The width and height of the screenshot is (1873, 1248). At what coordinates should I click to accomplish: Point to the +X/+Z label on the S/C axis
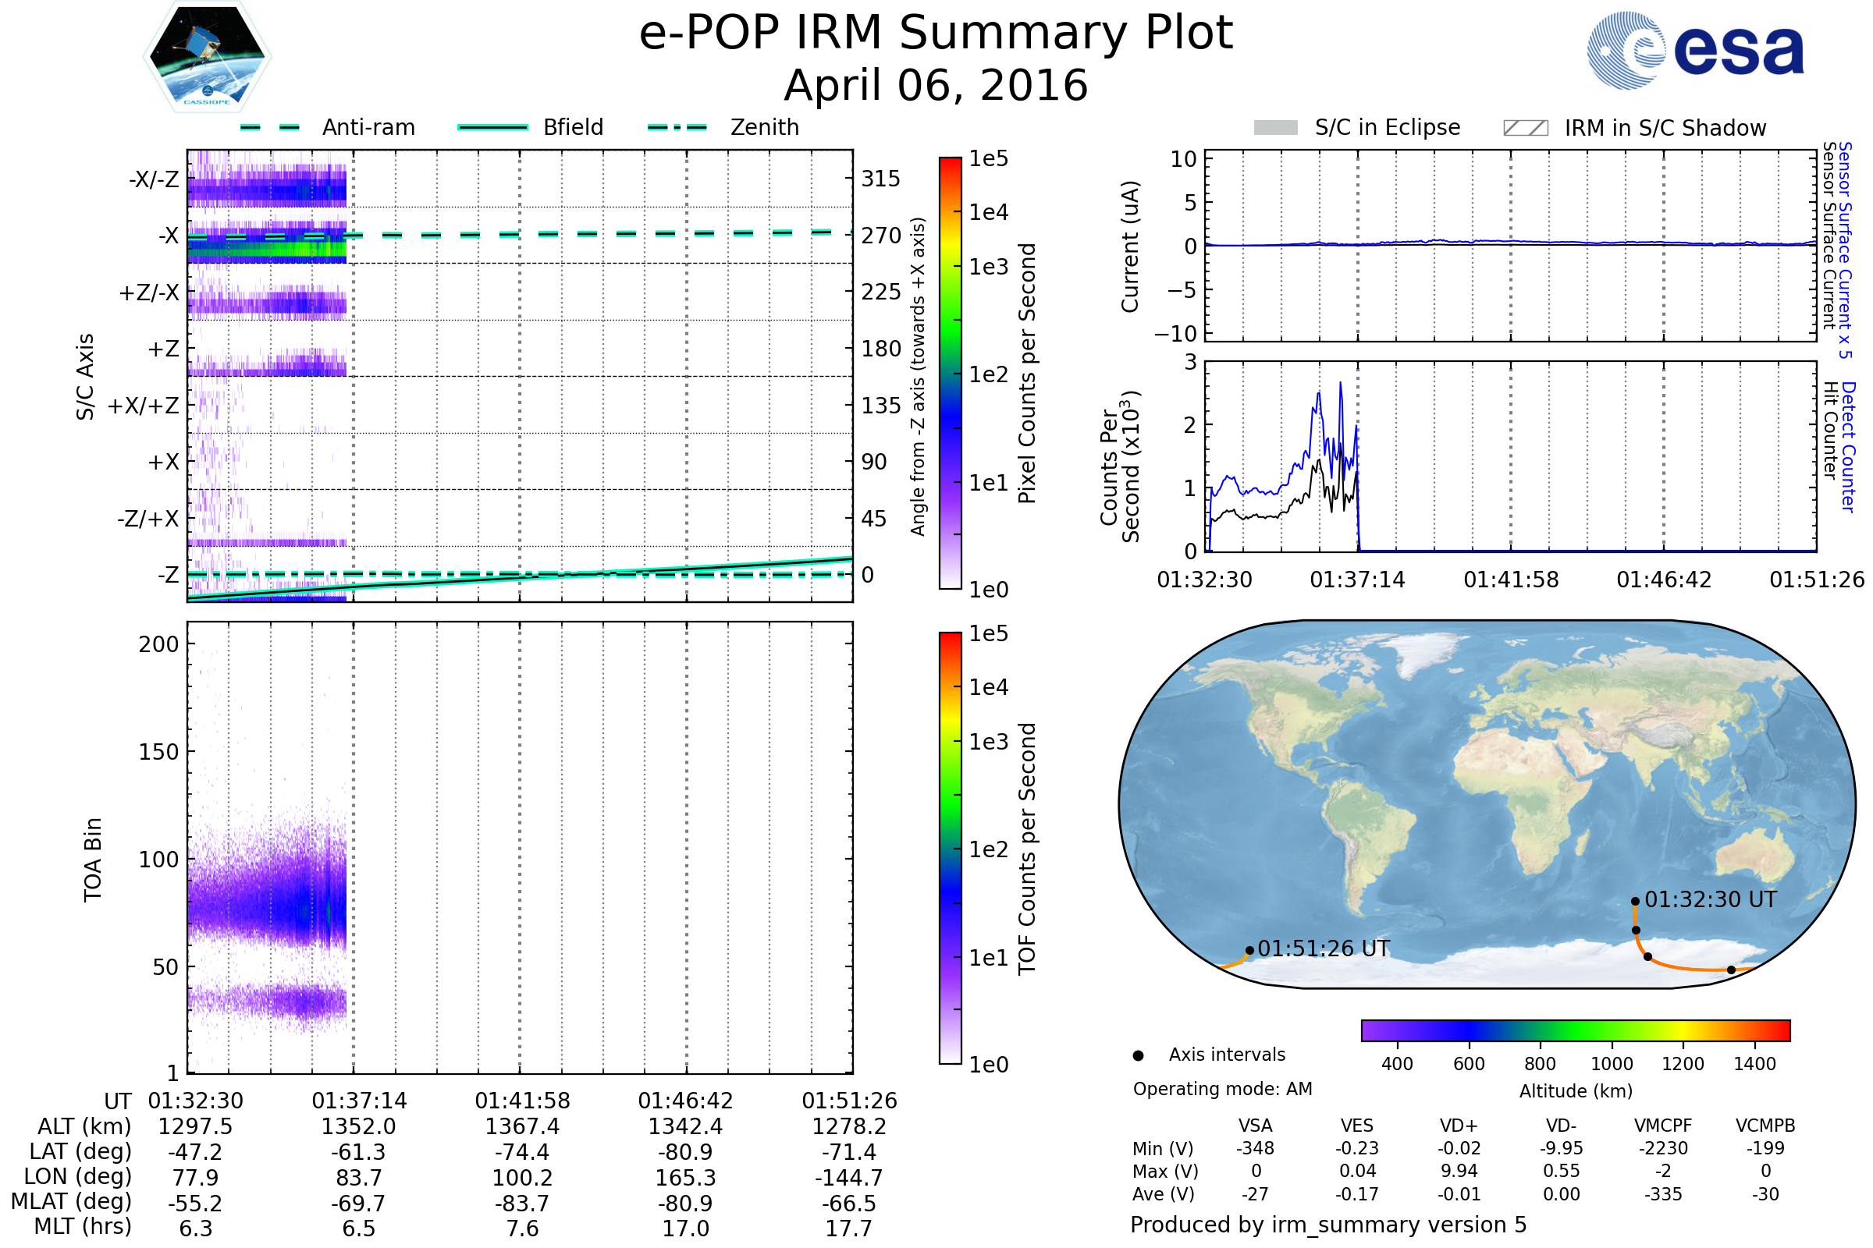tap(144, 406)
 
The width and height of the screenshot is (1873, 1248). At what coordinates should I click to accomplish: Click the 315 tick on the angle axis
tap(880, 179)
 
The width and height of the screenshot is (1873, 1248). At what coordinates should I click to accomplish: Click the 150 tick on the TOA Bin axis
tap(158, 752)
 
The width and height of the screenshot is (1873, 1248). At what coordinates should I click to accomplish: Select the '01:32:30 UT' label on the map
tap(1711, 899)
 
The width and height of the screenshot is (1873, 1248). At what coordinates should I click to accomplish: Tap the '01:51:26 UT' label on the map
tap(1324, 948)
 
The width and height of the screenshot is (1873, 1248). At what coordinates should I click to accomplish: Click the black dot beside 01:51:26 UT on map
tap(1249, 950)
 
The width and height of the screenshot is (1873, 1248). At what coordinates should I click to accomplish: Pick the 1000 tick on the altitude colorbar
tap(1611, 1064)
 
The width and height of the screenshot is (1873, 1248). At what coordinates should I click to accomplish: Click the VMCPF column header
tap(1663, 1126)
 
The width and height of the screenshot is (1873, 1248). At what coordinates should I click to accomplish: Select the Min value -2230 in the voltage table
tap(1663, 1148)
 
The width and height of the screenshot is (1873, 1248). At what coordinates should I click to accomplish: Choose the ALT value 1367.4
tap(522, 1126)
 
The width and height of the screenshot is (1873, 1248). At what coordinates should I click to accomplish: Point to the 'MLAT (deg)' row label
tap(71, 1202)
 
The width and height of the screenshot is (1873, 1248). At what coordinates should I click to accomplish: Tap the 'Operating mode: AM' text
tap(1222, 1089)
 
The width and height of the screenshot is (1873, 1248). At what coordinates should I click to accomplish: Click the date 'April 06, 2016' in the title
tap(936, 85)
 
